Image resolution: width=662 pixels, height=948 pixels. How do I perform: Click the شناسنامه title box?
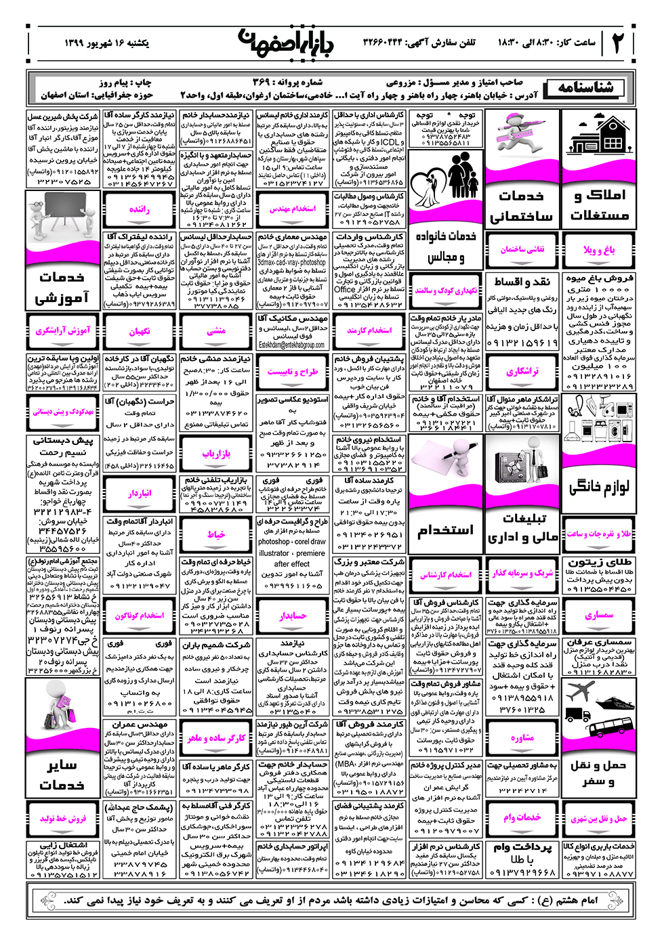pyautogui.click(x=586, y=87)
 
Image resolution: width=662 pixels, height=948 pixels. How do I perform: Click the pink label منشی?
pyautogui.click(x=216, y=331)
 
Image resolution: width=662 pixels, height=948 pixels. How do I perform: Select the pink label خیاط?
pyautogui.click(x=216, y=534)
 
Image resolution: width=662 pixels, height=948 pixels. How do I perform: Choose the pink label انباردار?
pyautogui.click(x=140, y=494)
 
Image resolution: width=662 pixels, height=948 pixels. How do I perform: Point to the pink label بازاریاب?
pyautogui.click(x=216, y=453)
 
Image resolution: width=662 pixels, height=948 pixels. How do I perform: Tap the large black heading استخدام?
pyautogui.click(x=445, y=530)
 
